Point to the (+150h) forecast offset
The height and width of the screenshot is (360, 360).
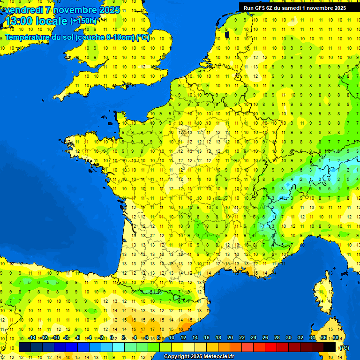[x=83, y=21]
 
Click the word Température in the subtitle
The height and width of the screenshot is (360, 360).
[x=27, y=37]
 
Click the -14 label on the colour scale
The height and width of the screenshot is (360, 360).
[x=32, y=337]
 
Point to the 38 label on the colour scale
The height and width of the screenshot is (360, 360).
[x=335, y=337]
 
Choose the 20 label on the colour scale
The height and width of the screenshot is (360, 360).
[x=230, y=337]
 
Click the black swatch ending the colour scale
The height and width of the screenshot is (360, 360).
[x=330, y=347]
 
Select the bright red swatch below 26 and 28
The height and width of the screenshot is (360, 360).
[x=271, y=347]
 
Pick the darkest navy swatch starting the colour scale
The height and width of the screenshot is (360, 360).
[x=25, y=347]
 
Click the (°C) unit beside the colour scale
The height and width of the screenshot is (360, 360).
[x=344, y=347]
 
